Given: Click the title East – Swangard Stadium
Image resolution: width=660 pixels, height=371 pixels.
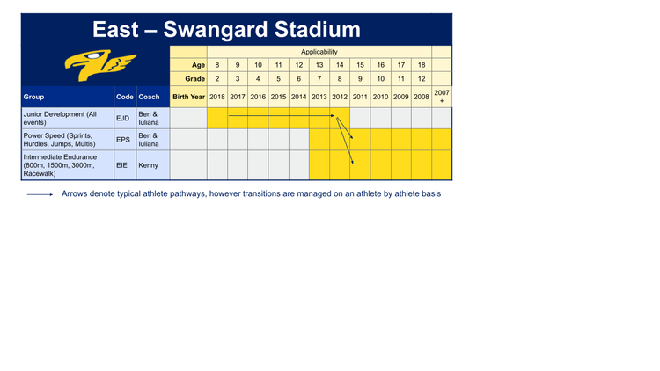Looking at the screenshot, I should (226, 30).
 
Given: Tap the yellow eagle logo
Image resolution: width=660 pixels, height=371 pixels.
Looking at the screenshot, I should (101, 65).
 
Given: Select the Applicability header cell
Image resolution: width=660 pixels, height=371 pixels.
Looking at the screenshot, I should (319, 52).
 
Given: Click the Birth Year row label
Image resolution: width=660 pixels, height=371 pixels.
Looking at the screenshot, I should (188, 97).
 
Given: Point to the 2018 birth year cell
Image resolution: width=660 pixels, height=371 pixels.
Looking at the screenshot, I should (216, 97).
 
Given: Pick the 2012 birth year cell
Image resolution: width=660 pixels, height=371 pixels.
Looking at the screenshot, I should (339, 97).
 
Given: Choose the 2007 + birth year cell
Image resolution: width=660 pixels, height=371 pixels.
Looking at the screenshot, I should (442, 97).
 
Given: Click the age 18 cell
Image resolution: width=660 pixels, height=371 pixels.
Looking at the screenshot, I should (421, 65).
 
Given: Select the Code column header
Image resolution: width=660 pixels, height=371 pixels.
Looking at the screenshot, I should (124, 97).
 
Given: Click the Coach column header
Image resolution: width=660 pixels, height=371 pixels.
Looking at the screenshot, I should (149, 97).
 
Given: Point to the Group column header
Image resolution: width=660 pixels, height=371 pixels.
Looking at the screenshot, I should (34, 97).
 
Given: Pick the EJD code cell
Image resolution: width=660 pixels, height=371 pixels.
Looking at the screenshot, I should (123, 118).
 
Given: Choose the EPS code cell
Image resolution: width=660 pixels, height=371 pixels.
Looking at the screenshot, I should (123, 140).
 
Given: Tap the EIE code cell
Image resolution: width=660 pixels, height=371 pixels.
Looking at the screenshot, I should (121, 164).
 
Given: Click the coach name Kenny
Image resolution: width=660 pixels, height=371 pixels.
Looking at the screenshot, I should (147, 164).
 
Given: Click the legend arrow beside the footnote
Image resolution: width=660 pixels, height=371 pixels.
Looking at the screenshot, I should (40, 194).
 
